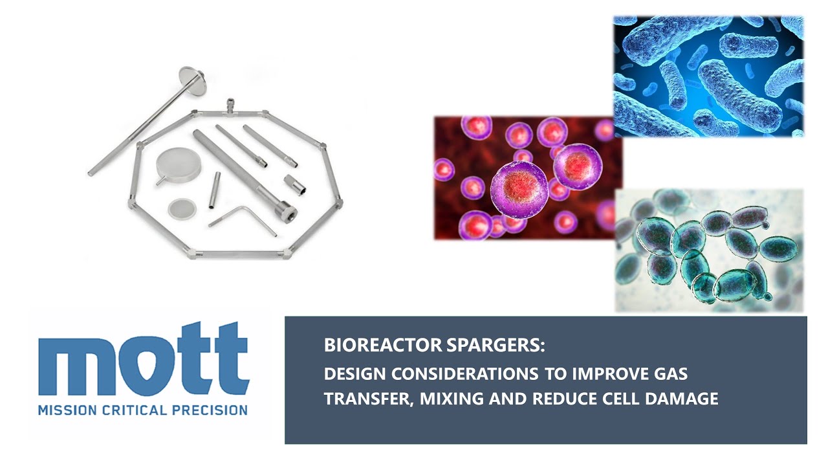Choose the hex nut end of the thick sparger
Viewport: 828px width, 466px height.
[x=286, y=212]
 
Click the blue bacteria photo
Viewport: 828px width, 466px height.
[x=708, y=76]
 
